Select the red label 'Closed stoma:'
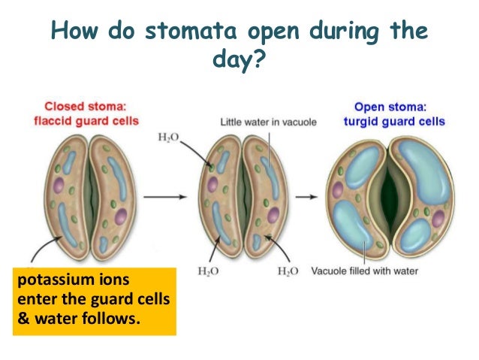(92, 107)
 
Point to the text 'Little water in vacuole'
(269, 122)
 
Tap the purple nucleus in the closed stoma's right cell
(121, 217)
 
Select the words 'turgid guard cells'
(399, 122)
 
